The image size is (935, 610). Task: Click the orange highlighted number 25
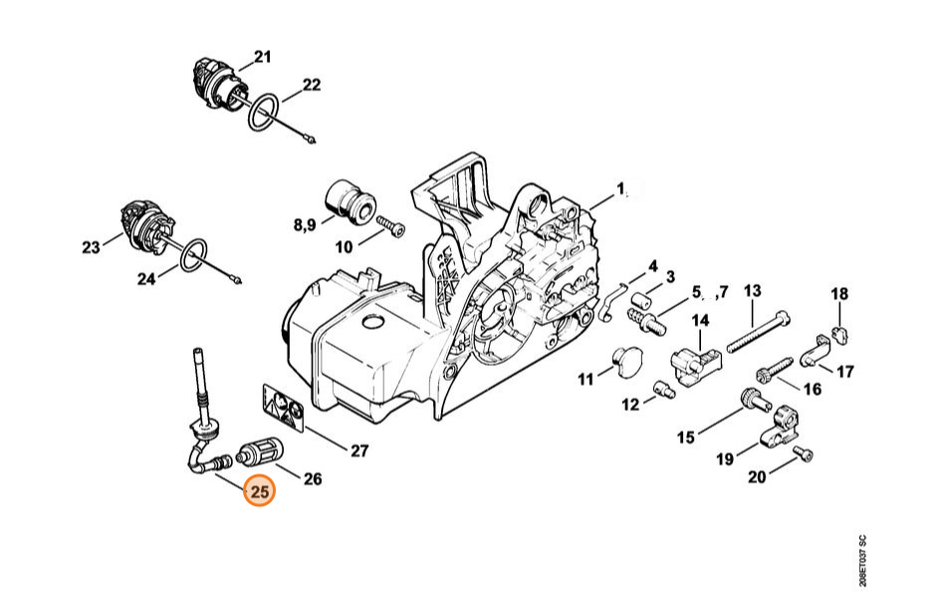pyautogui.click(x=261, y=491)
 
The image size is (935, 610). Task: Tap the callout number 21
pyautogui.click(x=262, y=57)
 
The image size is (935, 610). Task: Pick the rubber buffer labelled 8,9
pyautogui.click(x=351, y=200)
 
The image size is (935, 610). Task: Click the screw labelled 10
pyautogui.click(x=391, y=226)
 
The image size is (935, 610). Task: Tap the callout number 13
pyautogui.click(x=753, y=291)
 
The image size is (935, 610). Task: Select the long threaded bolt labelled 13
pyautogui.click(x=759, y=331)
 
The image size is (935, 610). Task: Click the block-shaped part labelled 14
pyautogui.click(x=696, y=361)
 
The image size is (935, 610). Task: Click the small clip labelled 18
pyautogui.click(x=839, y=335)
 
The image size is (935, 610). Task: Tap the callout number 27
pyautogui.click(x=359, y=451)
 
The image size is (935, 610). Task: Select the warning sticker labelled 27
pyautogui.click(x=283, y=408)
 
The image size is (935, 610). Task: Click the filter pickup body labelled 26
pyautogui.click(x=261, y=457)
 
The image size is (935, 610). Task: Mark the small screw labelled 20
pyautogui.click(x=804, y=456)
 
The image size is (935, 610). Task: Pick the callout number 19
pyautogui.click(x=725, y=458)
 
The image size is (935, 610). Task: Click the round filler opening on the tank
pyautogui.click(x=374, y=322)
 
